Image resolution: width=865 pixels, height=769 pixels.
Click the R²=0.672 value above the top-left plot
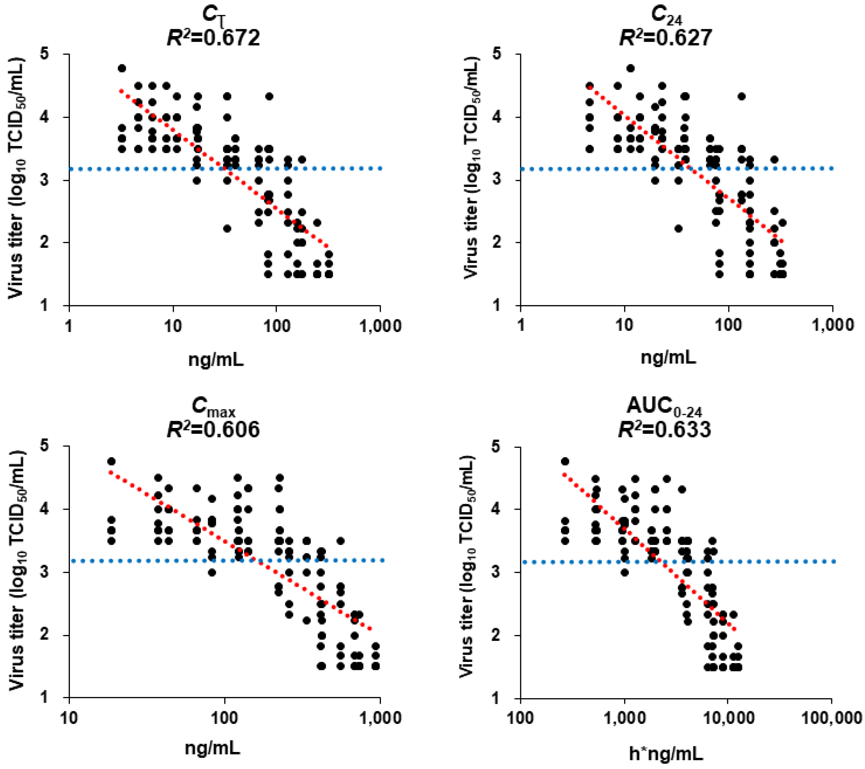click(212, 38)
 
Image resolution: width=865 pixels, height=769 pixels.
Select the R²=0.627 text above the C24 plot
click(665, 38)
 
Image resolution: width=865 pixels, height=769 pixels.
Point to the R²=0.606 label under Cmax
click(212, 430)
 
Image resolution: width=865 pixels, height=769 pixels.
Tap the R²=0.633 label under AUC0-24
click(665, 430)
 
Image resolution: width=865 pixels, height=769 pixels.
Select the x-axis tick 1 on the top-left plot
click(69, 326)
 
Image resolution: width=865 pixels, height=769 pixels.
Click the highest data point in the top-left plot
click(122, 68)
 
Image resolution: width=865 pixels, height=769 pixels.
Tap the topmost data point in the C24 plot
click(631, 68)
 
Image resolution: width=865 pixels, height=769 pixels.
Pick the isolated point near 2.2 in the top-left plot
click(227, 229)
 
